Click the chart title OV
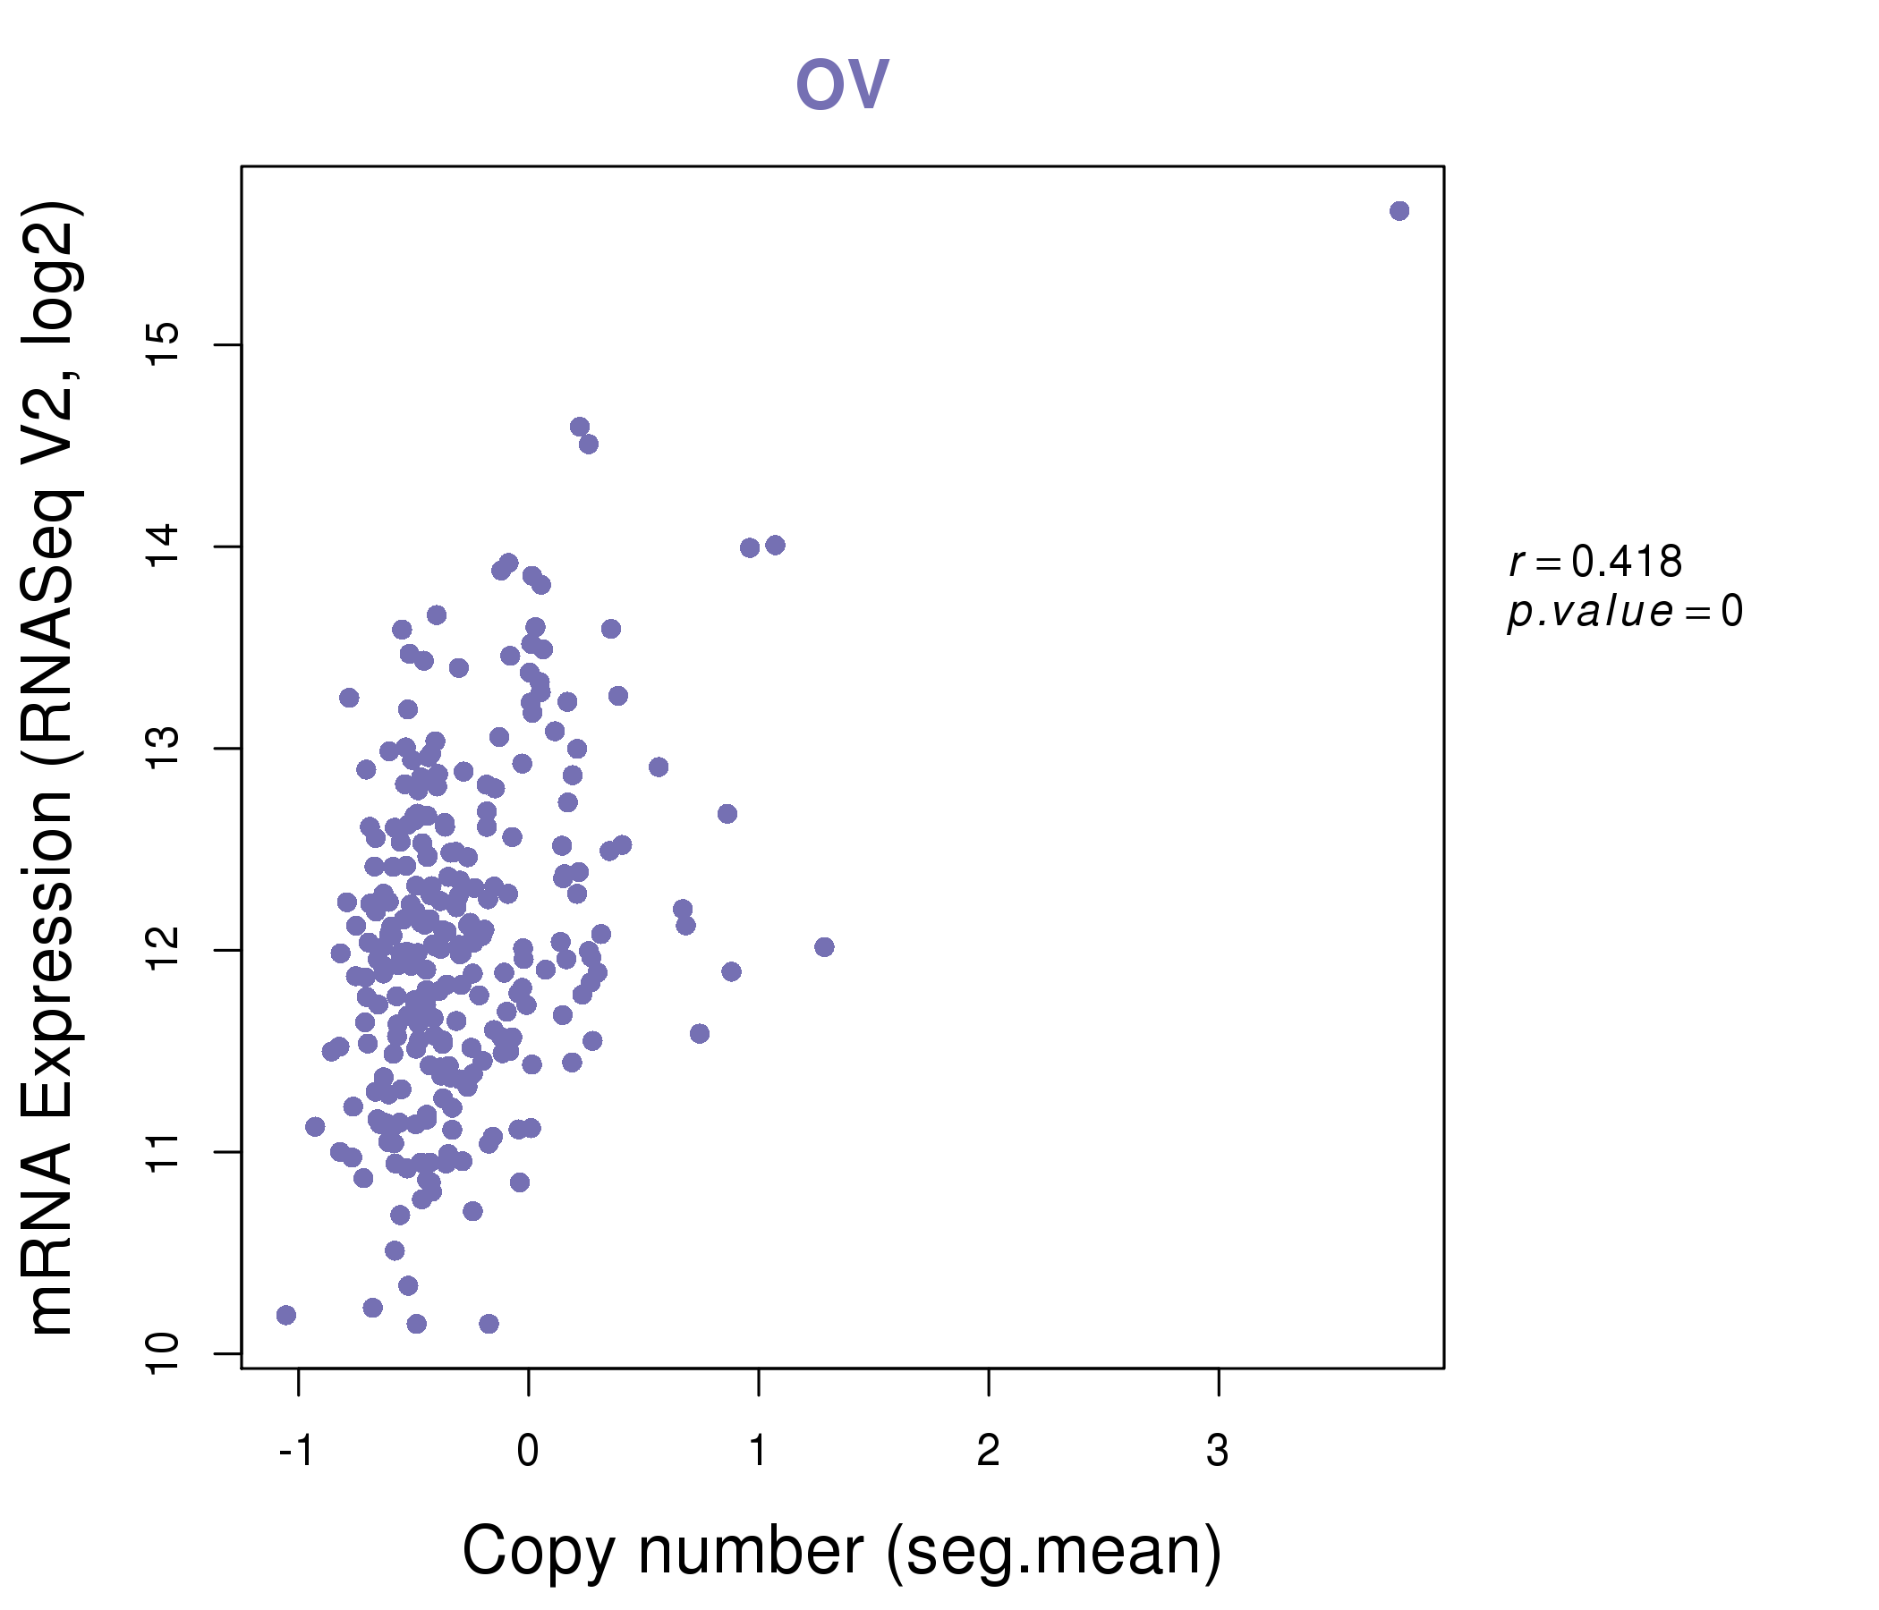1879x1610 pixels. point(842,84)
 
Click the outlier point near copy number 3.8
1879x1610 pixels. point(1399,211)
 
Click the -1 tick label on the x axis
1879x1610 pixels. point(296,1452)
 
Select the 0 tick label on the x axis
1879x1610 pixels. point(528,1452)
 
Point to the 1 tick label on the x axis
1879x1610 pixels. point(758,1452)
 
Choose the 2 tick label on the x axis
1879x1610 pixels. point(989,1452)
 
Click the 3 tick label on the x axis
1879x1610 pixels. point(1218,1452)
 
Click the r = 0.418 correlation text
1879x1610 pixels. point(1596,562)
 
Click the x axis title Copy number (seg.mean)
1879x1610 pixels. point(842,1551)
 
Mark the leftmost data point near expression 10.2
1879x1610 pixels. point(286,1315)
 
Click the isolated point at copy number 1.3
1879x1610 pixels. point(824,947)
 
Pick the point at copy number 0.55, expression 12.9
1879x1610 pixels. point(659,767)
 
